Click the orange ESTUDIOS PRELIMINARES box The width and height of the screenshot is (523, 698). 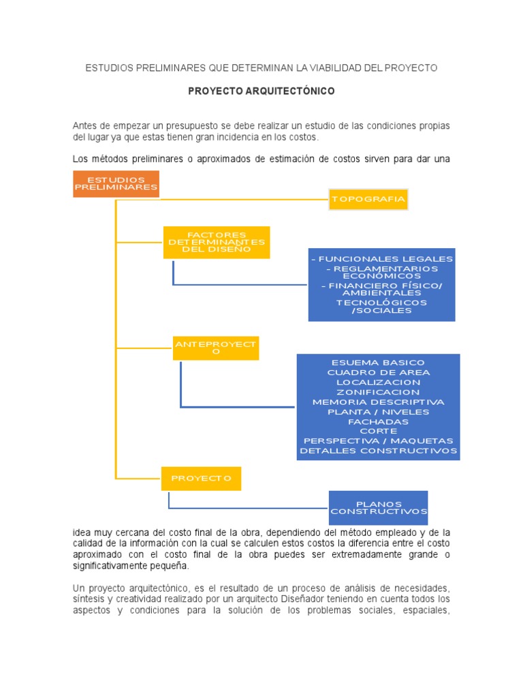pos(116,184)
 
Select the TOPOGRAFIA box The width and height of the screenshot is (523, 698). pos(368,199)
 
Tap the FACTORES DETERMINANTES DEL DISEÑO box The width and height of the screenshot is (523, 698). pos(217,242)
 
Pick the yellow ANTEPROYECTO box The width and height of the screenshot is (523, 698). pos(216,348)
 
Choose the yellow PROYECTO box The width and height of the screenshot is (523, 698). pos(201,479)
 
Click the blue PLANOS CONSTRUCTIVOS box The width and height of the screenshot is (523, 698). pos(379,507)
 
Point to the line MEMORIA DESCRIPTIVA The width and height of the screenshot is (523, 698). pos(378,402)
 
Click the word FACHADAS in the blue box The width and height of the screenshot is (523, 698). pos(378,422)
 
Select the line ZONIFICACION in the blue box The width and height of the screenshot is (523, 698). pos(378,393)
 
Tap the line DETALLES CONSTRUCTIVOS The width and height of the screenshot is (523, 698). pos(378,451)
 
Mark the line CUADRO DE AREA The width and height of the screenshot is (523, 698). pos(378,373)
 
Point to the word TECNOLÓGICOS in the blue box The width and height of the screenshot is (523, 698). pos(381,302)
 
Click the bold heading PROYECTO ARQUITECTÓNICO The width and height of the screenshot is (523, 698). pos(261,91)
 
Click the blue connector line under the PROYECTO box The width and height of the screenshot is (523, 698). pos(249,508)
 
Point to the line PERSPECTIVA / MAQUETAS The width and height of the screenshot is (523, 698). pos(378,441)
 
